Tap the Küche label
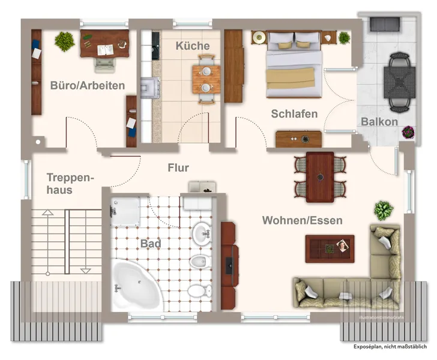point(193,46)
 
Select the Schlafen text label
point(294,113)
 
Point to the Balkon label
point(379,122)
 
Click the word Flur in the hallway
point(178,168)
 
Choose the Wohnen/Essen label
point(302,220)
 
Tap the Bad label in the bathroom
point(151,244)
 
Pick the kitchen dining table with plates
point(206,79)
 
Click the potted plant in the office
point(64,41)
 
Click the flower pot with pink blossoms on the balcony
point(408,131)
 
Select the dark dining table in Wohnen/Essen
point(320,177)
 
